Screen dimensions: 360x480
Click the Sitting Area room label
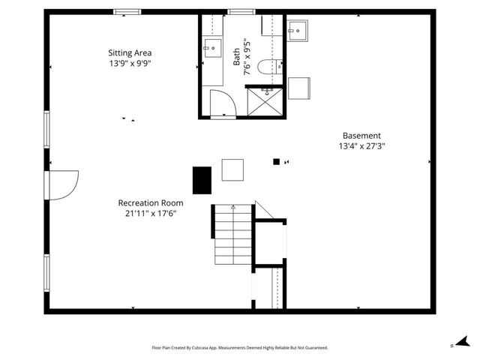click(130, 52)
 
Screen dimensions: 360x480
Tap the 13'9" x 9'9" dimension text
click(130, 64)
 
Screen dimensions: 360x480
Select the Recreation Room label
click(150, 202)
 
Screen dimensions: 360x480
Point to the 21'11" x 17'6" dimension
click(150, 214)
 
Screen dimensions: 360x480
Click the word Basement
click(362, 136)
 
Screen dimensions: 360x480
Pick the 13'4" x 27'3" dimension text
click(362, 147)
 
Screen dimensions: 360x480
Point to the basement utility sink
click(302, 31)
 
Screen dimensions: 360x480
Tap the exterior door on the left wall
click(61, 183)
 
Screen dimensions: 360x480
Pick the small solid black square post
click(276, 161)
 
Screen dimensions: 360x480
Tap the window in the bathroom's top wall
click(239, 11)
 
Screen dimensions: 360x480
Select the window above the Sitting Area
click(126, 11)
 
